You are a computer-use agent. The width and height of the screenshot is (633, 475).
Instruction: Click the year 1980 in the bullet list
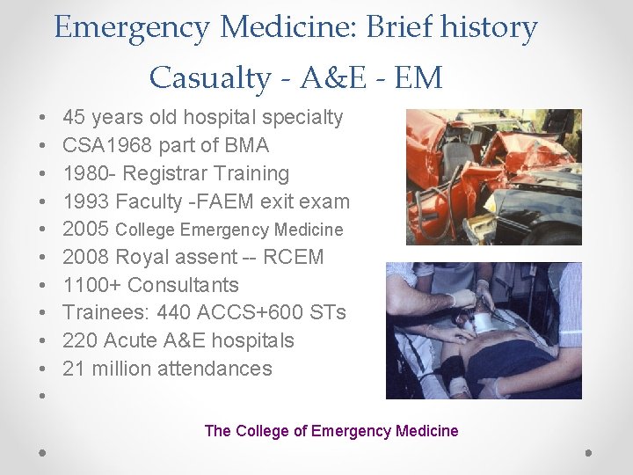click(x=85, y=173)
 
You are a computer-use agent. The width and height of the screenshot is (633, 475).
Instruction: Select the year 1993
click(x=85, y=201)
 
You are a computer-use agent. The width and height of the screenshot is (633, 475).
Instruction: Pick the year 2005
click(x=85, y=230)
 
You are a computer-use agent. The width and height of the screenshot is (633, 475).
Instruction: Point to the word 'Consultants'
click(x=184, y=285)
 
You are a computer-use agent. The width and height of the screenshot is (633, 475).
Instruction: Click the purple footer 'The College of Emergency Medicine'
click(x=331, y=431)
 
